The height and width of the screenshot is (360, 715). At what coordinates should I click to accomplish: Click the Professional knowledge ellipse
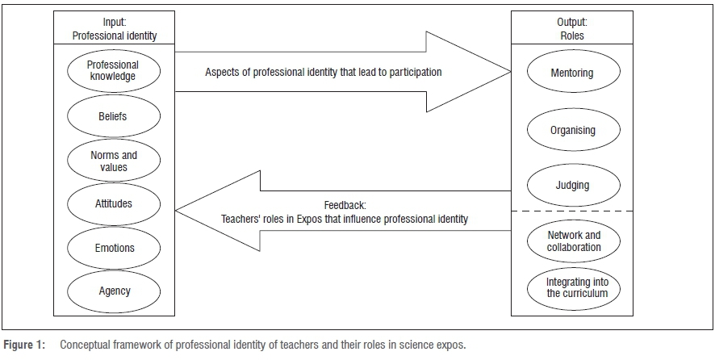pyautogui.click(x=113, y=71)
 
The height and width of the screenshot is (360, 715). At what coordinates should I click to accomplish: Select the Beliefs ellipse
pyautogui.click(x=113, y=116)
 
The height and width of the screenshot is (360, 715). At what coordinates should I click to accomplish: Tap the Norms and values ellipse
pyautogui.click(x=113, y=161)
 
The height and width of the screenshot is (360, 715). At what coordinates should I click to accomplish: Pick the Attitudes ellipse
pyautogui.click(x=113, y=203)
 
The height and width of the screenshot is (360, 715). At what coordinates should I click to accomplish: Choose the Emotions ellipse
pyautogui.click(x=113, y=248)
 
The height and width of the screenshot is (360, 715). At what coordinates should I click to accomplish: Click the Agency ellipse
pyautogui.click(x=113, y=291)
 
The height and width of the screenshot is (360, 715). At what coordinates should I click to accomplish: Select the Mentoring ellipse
pyautogui.click(x=572, y=73)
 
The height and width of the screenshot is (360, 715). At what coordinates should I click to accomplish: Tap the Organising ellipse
pyautogui.click(x=572, y=128)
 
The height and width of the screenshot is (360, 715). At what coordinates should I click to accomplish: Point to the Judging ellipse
pyautogui.click(x=572, y=185)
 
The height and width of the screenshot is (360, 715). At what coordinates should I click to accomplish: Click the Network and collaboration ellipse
pyautogui.click(x=572, y=241)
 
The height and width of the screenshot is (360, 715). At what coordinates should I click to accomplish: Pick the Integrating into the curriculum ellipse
pyautogui.click(x=572, y=287)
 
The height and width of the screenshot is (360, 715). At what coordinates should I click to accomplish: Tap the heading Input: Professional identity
pyautogui.click(x=113, y=30)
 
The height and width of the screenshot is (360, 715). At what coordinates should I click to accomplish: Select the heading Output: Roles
pyautogui.click(x=572, y=30)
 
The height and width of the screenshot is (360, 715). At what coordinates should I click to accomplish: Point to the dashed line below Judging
pyautogui.click(x=572, y=211)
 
